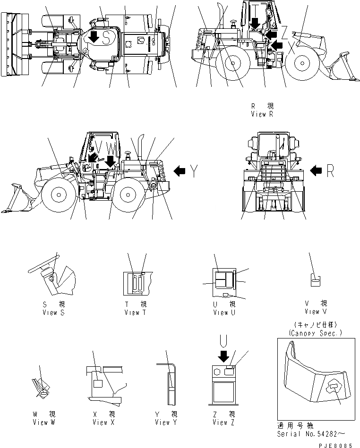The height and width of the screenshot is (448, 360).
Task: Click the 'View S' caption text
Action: coord(50,313)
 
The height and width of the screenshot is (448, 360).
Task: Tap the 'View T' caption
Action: coord(136,313)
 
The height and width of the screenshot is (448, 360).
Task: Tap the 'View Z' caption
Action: coord(224,423)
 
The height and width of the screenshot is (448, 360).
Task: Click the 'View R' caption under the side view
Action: coord(263,114)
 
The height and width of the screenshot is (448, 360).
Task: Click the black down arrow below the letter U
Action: coord(224,355)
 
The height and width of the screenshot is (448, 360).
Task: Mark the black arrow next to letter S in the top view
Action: coord(94,37)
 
